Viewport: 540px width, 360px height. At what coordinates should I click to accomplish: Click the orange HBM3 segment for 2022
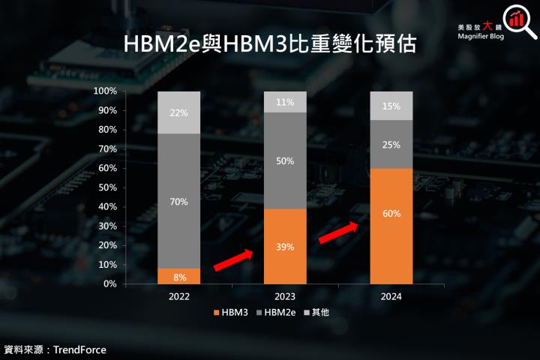179,276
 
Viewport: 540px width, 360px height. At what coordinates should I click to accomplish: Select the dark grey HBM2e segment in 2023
286,160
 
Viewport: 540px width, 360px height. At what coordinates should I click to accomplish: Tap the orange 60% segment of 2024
391,226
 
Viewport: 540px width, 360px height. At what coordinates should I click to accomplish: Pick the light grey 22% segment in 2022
179,112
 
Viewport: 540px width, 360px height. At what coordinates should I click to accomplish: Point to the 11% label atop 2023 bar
286,101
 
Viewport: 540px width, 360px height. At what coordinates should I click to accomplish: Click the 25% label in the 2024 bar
391,144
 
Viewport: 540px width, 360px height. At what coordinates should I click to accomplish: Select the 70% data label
179,202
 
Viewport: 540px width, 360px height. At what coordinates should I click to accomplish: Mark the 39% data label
286,247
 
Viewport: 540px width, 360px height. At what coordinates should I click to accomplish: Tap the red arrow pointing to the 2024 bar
338,232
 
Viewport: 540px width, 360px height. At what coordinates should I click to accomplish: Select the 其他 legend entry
319,311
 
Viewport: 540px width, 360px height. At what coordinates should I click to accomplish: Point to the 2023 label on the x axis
286,296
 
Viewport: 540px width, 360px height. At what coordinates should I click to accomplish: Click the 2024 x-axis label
391,296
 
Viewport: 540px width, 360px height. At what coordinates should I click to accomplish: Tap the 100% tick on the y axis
105,91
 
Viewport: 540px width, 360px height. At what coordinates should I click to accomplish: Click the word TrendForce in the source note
79,349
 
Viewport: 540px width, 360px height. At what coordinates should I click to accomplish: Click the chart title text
269,44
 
